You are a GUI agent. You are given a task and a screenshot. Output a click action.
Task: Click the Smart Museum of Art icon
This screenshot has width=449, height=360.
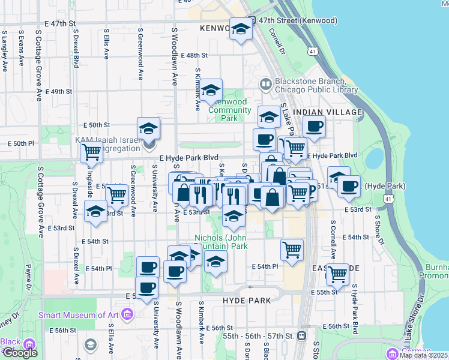127,314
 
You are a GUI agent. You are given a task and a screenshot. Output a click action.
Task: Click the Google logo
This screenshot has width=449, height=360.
20,353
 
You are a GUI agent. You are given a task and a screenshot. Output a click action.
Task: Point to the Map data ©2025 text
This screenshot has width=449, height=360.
424,355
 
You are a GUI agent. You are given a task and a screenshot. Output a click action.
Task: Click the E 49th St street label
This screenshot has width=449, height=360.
59,92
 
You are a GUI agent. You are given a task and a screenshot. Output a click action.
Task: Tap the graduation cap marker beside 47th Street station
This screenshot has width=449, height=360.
241,28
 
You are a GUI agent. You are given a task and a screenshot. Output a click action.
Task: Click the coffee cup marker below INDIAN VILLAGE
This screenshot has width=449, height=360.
313,127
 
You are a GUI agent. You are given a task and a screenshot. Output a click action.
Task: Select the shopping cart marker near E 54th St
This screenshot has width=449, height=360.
292,249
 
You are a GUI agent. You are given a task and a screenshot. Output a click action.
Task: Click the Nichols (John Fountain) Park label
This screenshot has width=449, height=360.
221,242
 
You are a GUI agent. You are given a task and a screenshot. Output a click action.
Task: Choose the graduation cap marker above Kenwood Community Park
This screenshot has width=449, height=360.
211,91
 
